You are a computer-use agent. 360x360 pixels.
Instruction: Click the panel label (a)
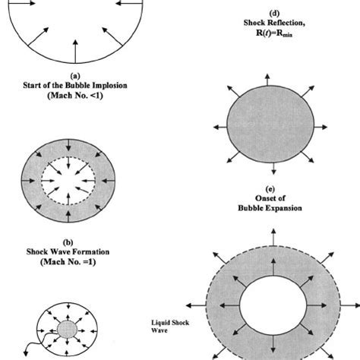75,76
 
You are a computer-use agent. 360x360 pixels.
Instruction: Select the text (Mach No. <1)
75,96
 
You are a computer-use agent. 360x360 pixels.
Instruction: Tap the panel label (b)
68,242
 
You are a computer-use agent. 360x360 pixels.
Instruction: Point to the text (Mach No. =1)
68,261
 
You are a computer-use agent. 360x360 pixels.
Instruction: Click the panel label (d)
274,13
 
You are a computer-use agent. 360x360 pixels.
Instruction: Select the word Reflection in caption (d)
286,23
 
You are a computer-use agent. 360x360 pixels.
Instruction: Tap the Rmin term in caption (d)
284,33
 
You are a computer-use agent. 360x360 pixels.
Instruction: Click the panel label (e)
270,189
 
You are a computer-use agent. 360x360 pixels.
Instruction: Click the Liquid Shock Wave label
170,327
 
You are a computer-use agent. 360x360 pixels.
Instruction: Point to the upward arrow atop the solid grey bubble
267,80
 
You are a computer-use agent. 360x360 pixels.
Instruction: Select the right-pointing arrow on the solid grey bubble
321,127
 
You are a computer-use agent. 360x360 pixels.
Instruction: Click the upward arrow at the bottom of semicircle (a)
75,52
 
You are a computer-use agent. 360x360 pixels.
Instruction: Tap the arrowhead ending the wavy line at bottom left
26,353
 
